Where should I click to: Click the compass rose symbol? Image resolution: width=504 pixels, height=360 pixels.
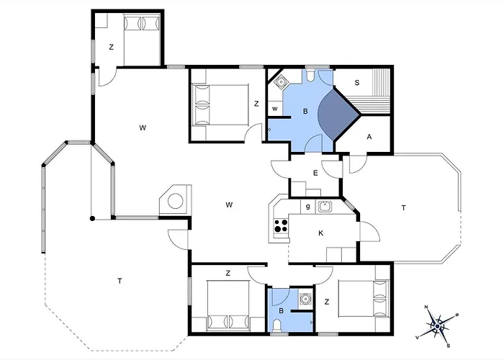coord(438,326)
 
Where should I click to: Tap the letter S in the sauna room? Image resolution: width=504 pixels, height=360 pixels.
coord(357,83)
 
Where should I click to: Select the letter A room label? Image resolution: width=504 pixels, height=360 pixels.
coord(369,137)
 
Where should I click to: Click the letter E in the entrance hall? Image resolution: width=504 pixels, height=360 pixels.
coord(315,173)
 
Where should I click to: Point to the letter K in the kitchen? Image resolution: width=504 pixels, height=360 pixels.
coord(320,233)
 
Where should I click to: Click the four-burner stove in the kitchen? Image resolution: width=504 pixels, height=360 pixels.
coord(281,225)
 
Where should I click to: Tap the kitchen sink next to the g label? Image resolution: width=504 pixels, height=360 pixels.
coord(325,206)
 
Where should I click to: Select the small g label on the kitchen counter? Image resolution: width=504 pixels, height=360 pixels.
coord(308,207)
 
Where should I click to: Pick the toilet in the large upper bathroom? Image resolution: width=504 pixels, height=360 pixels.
coord(310,75)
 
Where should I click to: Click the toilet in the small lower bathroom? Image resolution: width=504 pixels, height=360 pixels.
coord(276,326)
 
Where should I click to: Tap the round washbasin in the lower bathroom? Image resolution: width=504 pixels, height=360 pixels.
coord(305,299)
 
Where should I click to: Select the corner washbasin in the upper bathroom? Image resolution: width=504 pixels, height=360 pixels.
coord(281,81)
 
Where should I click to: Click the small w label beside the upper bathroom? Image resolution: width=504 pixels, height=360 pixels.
coord(275,109)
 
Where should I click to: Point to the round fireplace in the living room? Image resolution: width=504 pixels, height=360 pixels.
coord(176,201)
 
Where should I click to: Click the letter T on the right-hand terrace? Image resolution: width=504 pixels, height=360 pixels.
coord(403,207)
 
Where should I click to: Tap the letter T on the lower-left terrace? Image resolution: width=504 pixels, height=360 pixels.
coord(120,281)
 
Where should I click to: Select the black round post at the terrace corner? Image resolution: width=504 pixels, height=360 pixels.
coord(92,219)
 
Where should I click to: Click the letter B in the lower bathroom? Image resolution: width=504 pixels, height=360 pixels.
coord(282,311)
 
